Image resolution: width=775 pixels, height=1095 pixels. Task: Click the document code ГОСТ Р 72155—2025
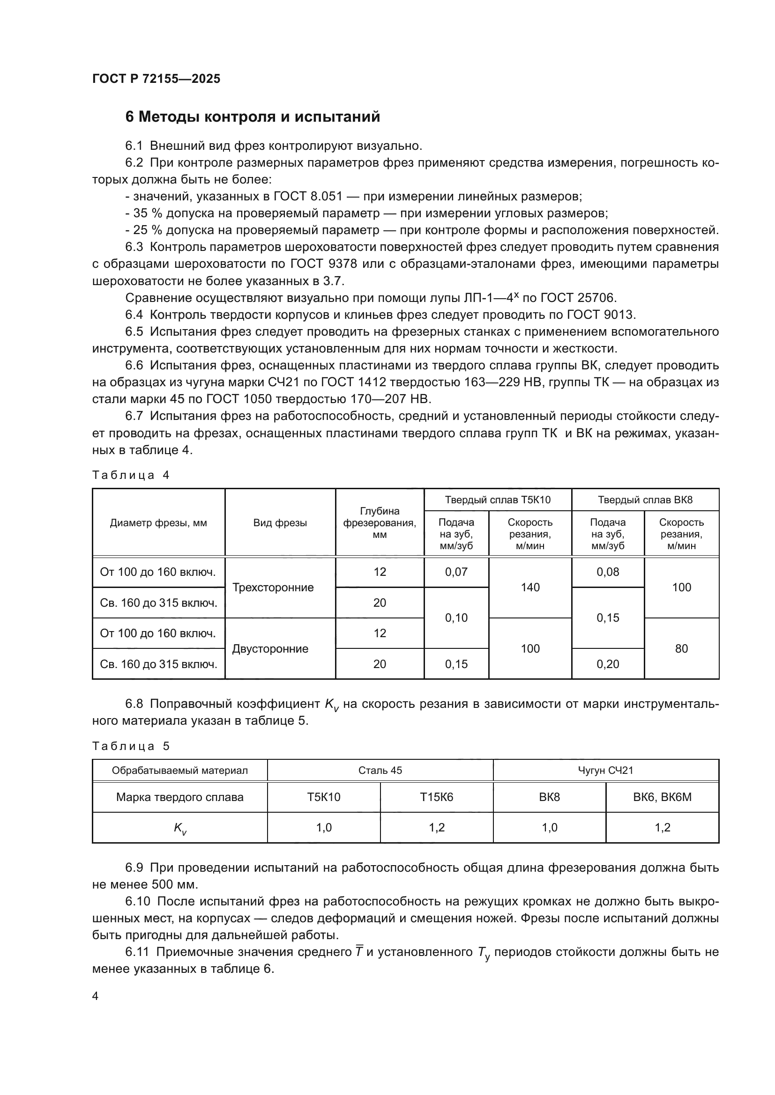(156, 79)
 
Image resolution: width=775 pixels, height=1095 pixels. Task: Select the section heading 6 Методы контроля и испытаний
(253, 117)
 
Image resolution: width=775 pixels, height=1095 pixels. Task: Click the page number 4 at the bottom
(96, 996)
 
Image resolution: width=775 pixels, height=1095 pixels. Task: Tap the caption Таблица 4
(131, 475)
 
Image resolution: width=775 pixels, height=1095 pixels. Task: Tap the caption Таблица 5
(131, 746)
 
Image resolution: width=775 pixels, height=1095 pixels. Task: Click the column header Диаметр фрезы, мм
(158, 523)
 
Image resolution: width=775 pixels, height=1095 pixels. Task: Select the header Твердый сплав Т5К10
(497, 500)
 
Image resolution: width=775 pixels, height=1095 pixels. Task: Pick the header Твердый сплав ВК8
(645, 500)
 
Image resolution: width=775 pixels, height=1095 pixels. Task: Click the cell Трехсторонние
(273, 588)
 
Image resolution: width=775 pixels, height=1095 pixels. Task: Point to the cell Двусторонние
(270, 648)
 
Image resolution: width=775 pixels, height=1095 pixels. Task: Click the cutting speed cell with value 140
(530, 588)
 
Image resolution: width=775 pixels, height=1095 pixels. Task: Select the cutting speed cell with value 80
(681, 648)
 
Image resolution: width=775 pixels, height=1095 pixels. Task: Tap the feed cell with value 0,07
(456, 572)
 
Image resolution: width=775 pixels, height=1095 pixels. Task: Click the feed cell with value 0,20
(608, 664)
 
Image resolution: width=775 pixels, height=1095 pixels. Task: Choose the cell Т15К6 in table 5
(436, 797)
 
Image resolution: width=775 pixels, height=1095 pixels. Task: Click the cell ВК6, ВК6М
(662, 797)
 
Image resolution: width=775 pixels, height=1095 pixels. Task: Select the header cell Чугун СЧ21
(605, 770)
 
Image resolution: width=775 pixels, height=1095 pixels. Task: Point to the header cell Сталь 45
(380, 770)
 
